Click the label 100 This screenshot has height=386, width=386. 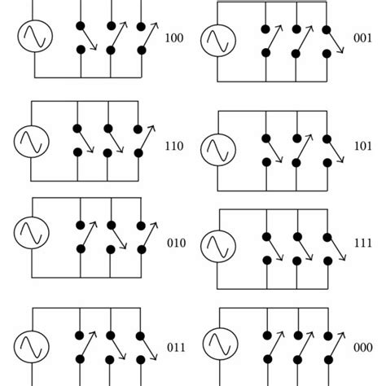point(174,37)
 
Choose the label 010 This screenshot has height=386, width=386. point(175,243)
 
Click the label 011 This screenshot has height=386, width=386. point(177,346)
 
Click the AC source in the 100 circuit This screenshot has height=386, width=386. point(32,37)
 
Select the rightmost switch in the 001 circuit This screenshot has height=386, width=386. point(327,42)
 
